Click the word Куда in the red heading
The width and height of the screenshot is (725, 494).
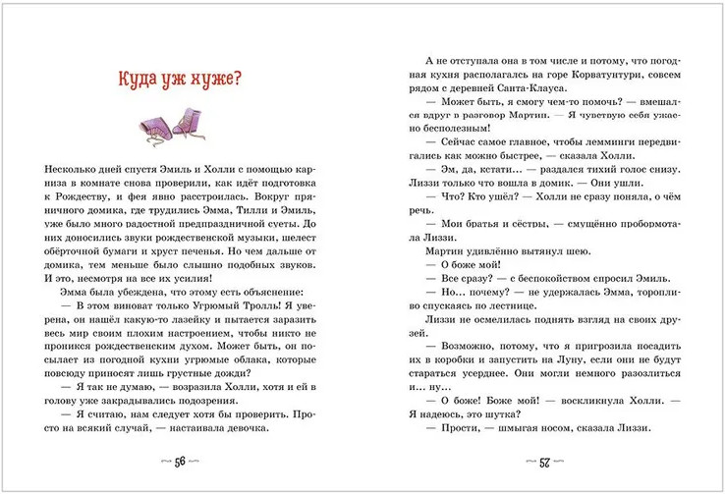click(138, 80)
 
